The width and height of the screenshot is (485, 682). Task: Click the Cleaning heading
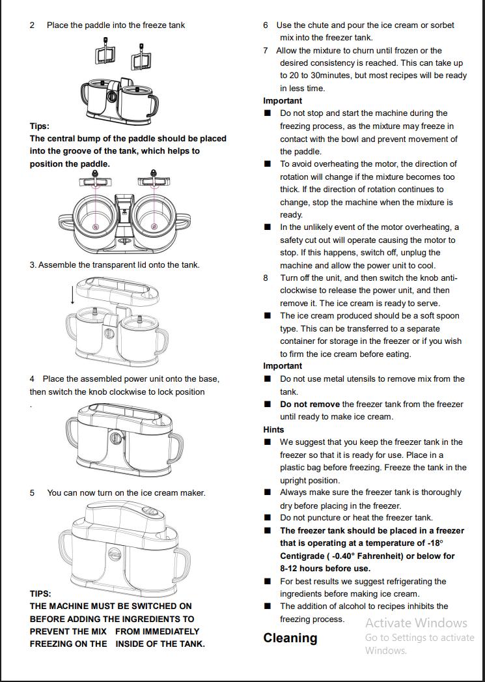click(x=290, y=638)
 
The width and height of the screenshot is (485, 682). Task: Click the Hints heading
click(x=273, y=429)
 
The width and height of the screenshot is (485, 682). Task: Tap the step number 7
click(x=266, y=50)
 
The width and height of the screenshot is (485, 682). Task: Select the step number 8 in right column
click(x=266, y=277)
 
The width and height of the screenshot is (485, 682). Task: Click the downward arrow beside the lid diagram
click(x=72, y=294)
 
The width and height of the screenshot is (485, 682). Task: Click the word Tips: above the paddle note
click(x=39, y=126)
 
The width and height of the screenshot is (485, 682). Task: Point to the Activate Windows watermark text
click(x=416, y=623)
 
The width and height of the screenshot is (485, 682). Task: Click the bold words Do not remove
click(x=310, y=404)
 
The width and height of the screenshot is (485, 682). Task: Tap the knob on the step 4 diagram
click(x=115, y=438)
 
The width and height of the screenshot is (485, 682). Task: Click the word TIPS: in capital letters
click(x=40, y=593)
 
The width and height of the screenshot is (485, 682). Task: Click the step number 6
click(x=266, y=25)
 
